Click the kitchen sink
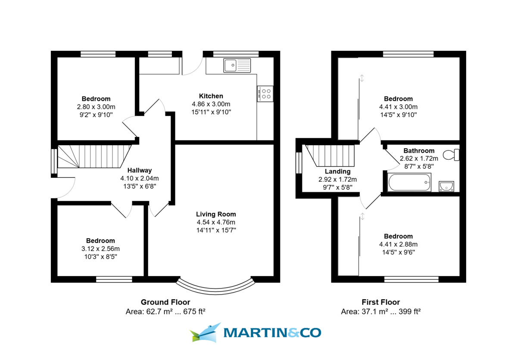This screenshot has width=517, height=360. (x=237, y=65)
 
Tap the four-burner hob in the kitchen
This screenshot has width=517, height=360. (x=265, y=94)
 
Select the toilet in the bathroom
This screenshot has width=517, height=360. (x=451, y=155)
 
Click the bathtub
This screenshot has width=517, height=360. (x=409, y=182)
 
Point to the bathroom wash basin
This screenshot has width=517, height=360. (x=446, y=186)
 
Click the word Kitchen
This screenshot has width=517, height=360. (x=211, y=96)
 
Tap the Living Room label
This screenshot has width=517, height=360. (x=216, y=214)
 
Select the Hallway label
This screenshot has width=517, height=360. (x=140, y=171)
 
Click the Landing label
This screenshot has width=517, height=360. (x=338, y=171)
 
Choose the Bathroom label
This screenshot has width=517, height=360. (x=419, y=151)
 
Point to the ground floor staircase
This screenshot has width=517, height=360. (x=94, y=156)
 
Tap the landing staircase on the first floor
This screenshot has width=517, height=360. (x=330, y=155)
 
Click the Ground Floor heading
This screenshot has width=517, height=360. (x=165, y=302)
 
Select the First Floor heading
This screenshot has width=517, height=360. (x=381, y=302)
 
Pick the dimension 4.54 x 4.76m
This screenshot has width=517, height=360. (x=216, y=222)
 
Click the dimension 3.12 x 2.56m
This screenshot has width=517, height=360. (x=100, y=249)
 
